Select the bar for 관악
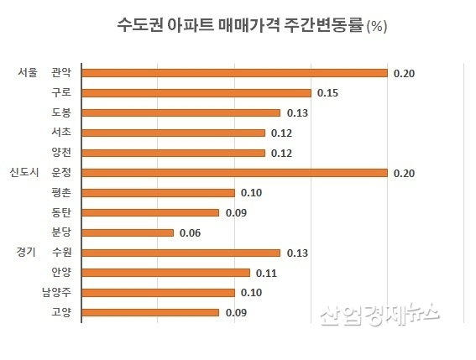[234, 73]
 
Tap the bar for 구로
[196, 93]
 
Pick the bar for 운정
[234, 173]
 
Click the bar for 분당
[128, 232]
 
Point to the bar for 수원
[180, 253]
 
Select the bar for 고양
[150, 312]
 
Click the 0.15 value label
[327, 93]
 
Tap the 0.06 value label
[191, 232]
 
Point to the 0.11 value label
[266, 273]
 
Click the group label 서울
[28, 73]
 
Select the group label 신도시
[24, 173]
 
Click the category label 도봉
[61, 113]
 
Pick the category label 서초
[61, 133]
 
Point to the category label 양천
[61, 153]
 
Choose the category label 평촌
[61, 193]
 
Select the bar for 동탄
[150, 213]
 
